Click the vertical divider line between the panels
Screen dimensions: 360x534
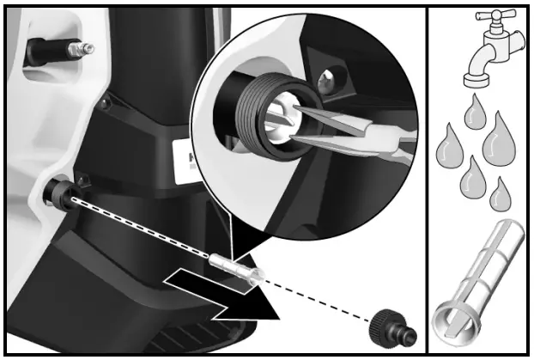428,180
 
